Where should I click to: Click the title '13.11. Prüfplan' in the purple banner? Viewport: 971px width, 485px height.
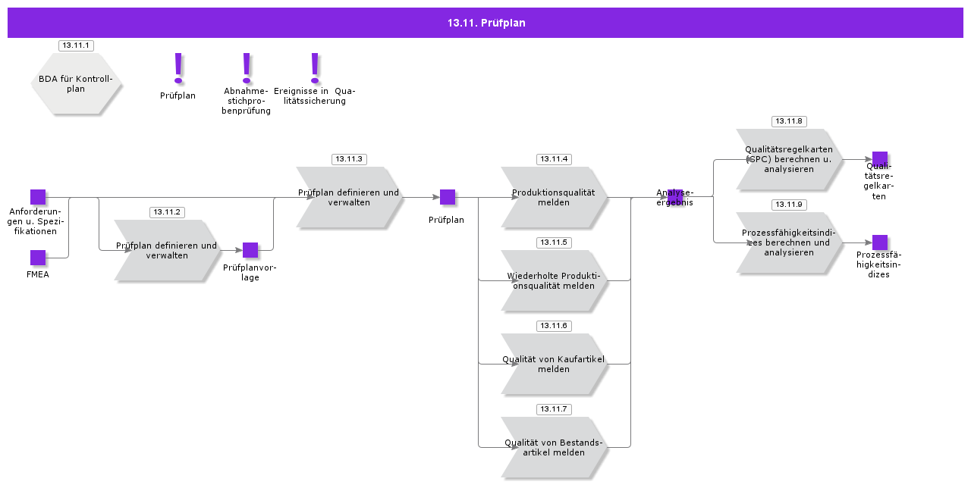(x=485, y=23)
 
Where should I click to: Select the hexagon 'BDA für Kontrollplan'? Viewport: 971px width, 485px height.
(x=76, y=83)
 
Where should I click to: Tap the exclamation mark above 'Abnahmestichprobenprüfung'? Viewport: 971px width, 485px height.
(x=247, y=67)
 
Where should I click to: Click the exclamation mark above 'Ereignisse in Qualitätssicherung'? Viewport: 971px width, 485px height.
(x=315, y=67)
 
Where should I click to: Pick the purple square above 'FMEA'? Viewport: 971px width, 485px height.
(x=38, y=258)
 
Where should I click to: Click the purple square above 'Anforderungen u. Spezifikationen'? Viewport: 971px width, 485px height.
(x=38, y=197)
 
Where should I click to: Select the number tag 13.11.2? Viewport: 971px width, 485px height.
(x=167, y=212)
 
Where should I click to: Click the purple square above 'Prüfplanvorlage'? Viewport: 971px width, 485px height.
(x=250, y=250)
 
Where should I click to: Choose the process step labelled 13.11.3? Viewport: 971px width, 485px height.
(x=349, y=198)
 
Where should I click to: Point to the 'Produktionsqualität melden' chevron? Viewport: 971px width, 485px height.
(x=554, y=198)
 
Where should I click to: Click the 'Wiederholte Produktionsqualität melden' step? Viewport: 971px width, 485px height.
(x=554, y=281)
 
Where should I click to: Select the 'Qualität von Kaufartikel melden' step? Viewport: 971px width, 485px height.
(x=554, y=365)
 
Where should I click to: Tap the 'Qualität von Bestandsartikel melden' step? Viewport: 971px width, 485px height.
(x=554, y=448)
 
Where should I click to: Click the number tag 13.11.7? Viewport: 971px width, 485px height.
(x=554, y=409)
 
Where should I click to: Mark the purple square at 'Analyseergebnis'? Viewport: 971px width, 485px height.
(x=675, y=197)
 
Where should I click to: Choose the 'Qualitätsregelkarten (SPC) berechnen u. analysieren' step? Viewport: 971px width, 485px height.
(x=789, y=159)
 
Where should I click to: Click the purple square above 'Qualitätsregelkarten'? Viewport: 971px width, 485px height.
(x=880, y=159)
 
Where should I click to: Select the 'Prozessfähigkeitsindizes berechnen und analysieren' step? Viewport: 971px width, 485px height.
(x=789, y=242)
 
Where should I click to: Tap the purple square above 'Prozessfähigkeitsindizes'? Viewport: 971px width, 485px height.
(x=880, y=242)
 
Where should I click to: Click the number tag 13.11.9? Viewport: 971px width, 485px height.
(x=789, y=205)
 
